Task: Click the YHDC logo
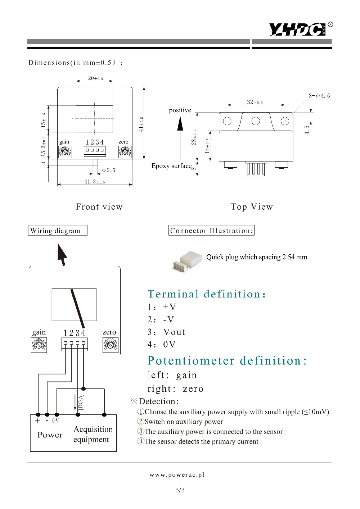(x=301, y=29)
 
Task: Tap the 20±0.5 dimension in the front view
(x=95, y=78)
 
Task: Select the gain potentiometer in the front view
(x=65, y=151)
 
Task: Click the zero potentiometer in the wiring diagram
(x=111, y=345)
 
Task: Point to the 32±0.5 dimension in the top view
(x=255, y=102)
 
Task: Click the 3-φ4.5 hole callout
(x=319, y=96)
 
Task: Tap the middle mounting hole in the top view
(x=256, y=121)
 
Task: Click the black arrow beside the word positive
(x=180, y=137)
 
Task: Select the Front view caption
(x=99, y=206)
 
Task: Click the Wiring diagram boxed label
(x=58, y=231)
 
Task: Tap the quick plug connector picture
(x=187, y=262)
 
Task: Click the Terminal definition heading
(x=207, y=294)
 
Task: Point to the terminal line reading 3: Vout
(x=166, y=332)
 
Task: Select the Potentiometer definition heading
(x=227, y=361)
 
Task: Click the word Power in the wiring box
(x=50, y=435)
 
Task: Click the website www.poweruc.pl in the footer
(x=177, y=475)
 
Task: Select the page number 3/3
(x=180, y=490)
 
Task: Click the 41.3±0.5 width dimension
(x=95, y=182)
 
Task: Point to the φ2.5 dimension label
(x=109, y=170)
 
